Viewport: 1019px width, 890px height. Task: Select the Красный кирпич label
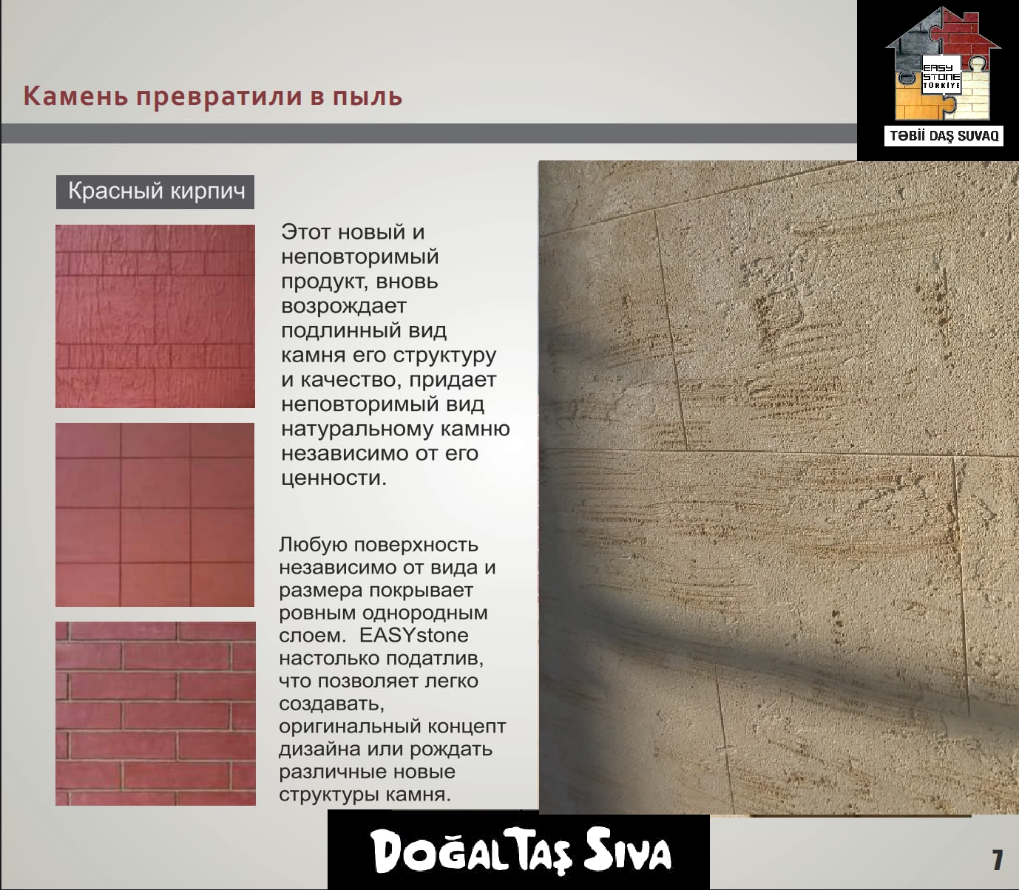[x=155, y=191]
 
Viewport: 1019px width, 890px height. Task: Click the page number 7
[x=997, y=860]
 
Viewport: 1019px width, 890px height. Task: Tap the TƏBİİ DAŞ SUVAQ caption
[x=944, y=136]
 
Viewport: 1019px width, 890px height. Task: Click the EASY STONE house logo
[x=943, y=64]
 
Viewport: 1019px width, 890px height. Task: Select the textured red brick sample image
[x=155, y=316]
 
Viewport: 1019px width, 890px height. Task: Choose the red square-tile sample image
[x=155, y=514]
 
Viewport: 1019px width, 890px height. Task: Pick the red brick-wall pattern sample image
[x=155, y=713]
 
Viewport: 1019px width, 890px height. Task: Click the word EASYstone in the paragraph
[x=413, y=636]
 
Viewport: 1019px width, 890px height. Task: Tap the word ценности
[x=334, y=478]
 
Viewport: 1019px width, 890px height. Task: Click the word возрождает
[x=344, y=306]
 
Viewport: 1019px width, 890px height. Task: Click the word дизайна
[x=319, y=750]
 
